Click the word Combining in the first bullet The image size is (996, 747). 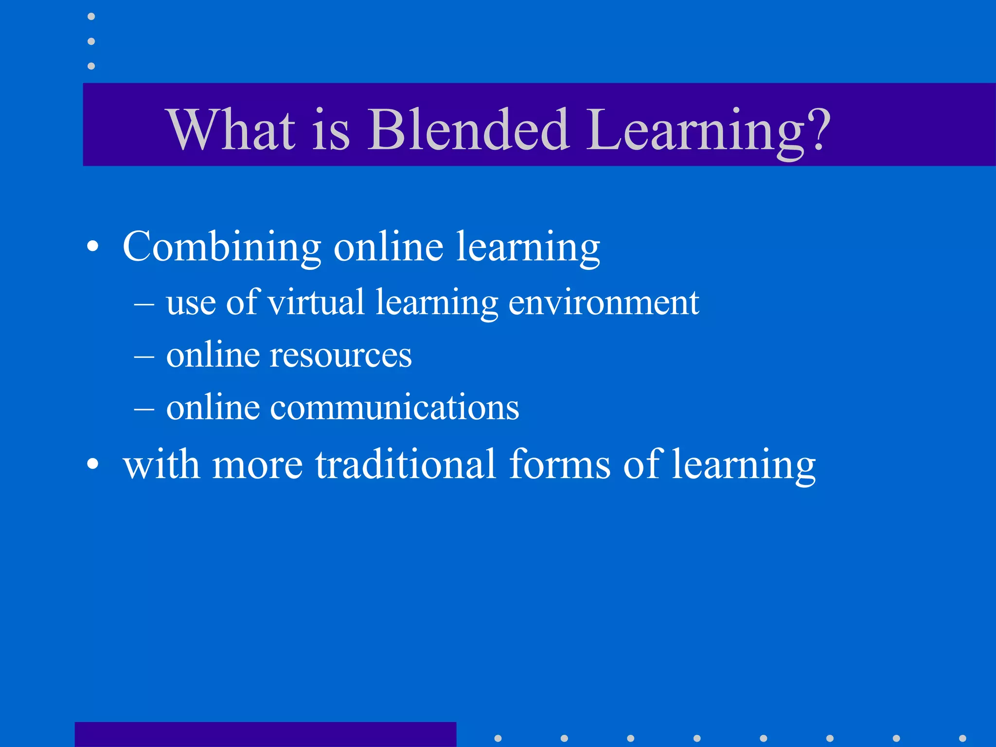pyautogui.click(x=222, y=247)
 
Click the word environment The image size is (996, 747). pyautogui.click(x=604, y=302)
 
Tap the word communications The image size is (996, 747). pyautogui.click(x=394, y=408)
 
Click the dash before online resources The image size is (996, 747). pyautogui.click(x=144, y=357)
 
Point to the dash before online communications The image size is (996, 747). pyautogui.click(x=144, y=410)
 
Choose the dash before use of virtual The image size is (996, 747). pyautogui.click(x=144, y=305)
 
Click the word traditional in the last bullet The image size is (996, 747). pyautogui.click(x=406, y=464)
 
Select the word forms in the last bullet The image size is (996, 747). pyautogui.click(x=559, y=464)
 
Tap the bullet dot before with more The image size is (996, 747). pyautogui.click(x=92, y=464)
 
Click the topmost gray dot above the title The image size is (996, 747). pyautogui.click(x=91, y=17)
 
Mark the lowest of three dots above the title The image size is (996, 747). pyautogui.click(x=91, y=66)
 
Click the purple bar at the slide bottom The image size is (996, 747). pyautogui.click(x=265, y=734)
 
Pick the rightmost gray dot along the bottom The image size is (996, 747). pyautogui.click(x=962, y=738)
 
